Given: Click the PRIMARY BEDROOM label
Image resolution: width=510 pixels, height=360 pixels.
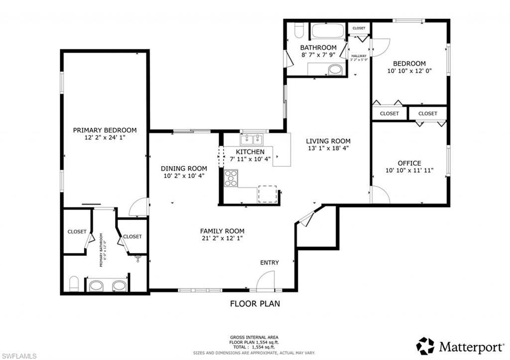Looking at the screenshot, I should coord(105,130).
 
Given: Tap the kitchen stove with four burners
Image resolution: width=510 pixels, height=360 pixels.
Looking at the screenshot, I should coord(231,178).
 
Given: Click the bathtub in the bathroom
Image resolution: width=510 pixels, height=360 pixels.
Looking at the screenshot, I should coord(328,32).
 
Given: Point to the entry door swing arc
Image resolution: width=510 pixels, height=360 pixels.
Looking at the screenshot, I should coord(266,280).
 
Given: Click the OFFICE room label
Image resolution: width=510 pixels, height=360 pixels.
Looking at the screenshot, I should coord(409,163).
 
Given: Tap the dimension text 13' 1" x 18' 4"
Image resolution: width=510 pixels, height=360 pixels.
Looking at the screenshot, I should coord(328,148).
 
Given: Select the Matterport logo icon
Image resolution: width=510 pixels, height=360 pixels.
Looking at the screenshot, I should coord(425,346).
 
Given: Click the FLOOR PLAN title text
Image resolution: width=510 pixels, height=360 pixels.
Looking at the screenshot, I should coord(255,303).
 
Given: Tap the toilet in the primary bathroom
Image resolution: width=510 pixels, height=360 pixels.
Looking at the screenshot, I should coord(73,284).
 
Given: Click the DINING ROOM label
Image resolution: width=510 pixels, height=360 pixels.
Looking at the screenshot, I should coord(183,168).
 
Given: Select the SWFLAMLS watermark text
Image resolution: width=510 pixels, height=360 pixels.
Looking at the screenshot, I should coord(19,355).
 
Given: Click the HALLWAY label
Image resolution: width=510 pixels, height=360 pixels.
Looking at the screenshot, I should coord(359,56).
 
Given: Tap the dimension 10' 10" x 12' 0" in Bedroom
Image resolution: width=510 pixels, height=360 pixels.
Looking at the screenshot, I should coord(409,71).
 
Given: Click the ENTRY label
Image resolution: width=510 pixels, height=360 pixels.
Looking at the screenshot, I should coord(269,262).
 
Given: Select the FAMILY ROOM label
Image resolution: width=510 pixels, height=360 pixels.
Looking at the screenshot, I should coord(222,231).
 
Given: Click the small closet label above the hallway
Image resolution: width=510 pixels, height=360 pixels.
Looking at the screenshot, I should coord(359,28).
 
